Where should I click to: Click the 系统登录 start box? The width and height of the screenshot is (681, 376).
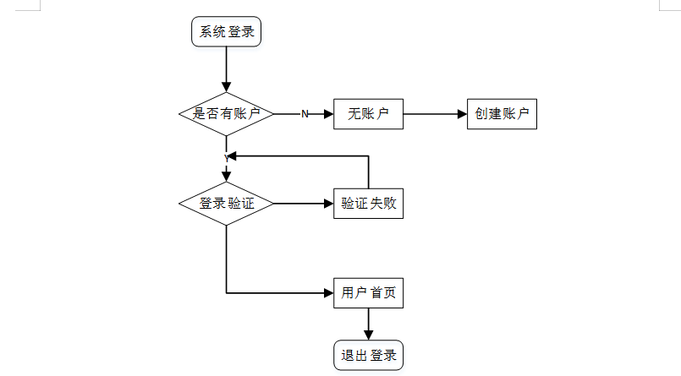click(x=226, y=31)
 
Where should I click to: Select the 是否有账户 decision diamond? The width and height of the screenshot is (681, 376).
click(x=226, y=114)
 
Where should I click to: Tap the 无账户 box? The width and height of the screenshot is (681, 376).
click(x=368, y=114)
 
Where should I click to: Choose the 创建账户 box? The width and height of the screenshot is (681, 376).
click(x=502, y=114)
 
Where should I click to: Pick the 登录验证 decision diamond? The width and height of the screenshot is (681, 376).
click(x=226, y=204)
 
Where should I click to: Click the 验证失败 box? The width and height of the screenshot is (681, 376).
click(x=368, y=204)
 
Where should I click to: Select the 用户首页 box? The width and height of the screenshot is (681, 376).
click(x=368, y=293)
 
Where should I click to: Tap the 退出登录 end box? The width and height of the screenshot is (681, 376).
click(x=368, y=356)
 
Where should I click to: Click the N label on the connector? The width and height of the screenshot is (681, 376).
click(x=305, y=114)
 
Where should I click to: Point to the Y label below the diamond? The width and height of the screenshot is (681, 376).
click(x=227, y=159)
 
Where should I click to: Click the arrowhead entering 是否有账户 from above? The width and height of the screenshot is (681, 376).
click(x=226, y=87)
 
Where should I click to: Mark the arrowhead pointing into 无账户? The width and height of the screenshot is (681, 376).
click(x=329, y=114)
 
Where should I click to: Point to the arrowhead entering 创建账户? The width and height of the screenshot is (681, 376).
click(x=462, y=114)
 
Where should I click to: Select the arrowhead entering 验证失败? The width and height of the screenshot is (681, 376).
click(x=329, y=204)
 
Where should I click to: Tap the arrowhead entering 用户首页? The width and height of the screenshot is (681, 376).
click(x=329, y=293)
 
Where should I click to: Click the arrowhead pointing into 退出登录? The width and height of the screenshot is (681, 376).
click(x=368, y=335)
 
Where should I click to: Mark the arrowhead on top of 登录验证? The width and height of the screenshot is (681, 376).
click(x=226, y=177)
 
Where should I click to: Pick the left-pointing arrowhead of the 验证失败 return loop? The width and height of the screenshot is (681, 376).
click(x=232, y=156)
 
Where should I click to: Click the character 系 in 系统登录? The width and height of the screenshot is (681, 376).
click(x=206, y=31)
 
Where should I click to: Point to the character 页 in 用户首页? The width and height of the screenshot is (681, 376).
click(x=390, y=293)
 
